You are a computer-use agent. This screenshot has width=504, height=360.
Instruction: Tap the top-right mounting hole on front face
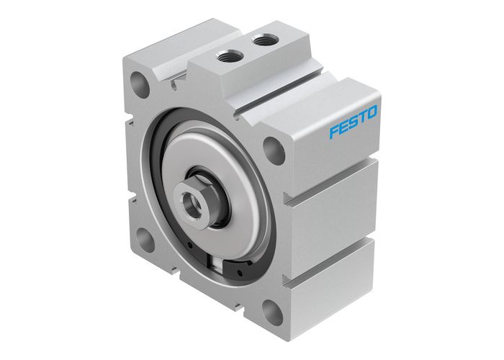click(x=273, y=149)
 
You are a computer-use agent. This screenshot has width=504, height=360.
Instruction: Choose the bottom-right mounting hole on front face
click(x=272, y=311)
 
